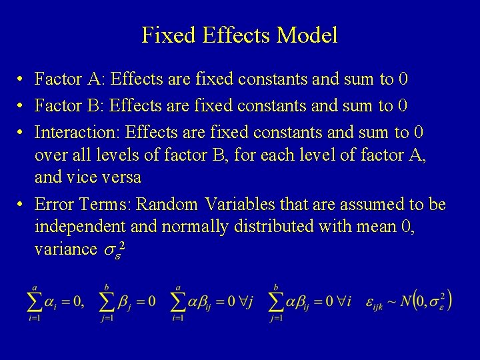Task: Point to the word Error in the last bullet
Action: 53,204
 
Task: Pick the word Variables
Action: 242,204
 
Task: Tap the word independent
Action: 79,227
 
